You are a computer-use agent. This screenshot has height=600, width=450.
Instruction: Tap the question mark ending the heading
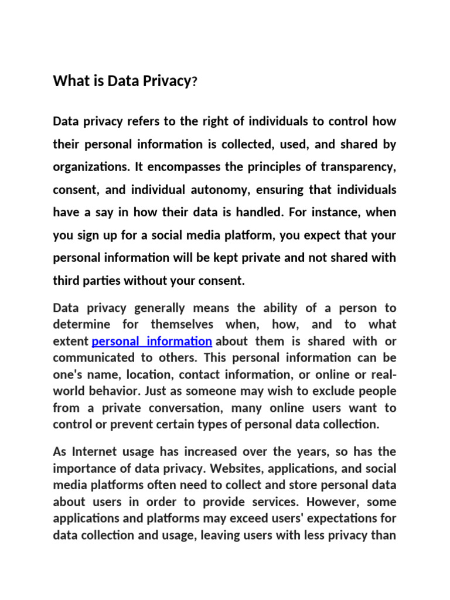tap(195, 82)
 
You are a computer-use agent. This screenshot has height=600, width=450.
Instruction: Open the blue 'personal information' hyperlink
tap(152, 341)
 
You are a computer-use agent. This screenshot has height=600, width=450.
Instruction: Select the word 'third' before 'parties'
tap(66, 281)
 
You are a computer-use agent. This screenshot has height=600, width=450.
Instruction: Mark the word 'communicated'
tap(88, 357)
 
